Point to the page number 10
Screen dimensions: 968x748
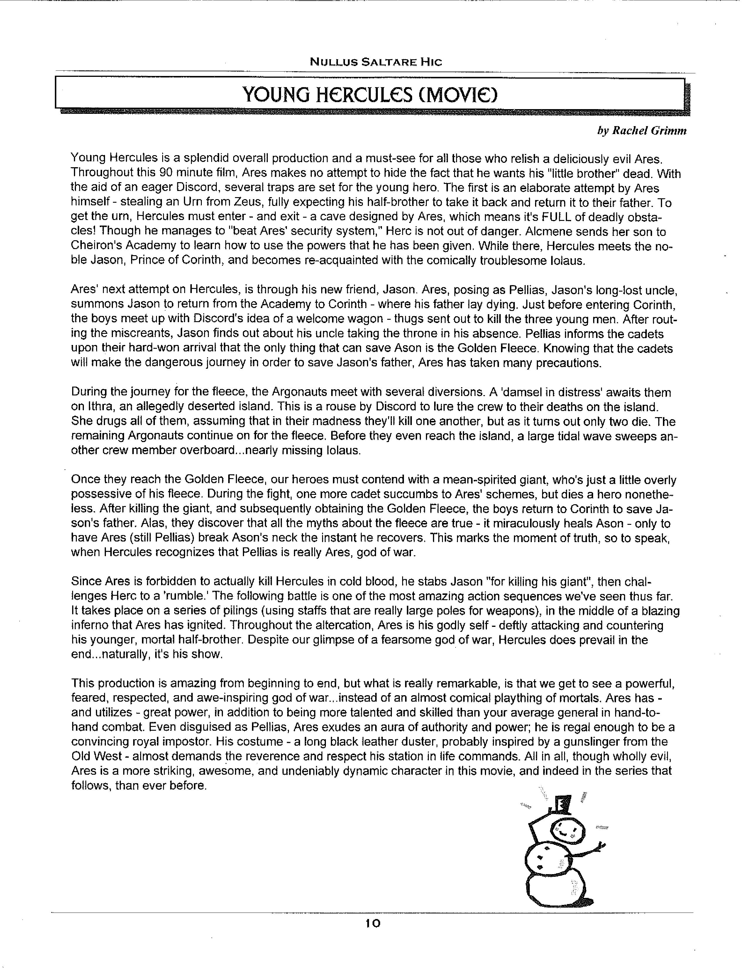click(373, 923)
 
